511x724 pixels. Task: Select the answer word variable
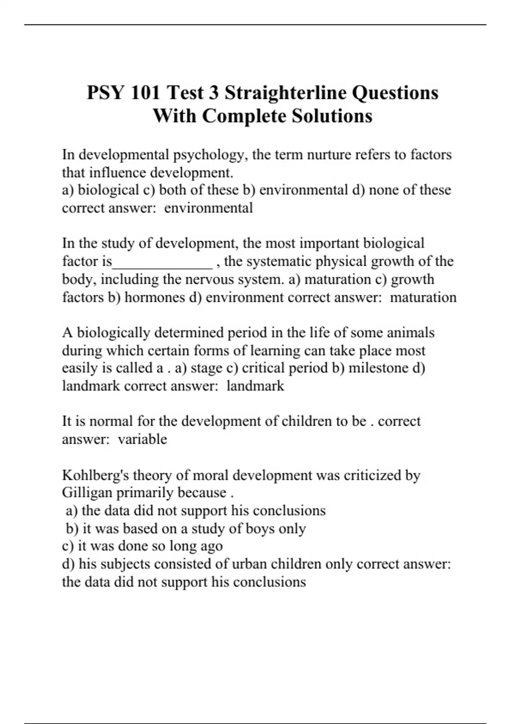[x=142, y=439]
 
